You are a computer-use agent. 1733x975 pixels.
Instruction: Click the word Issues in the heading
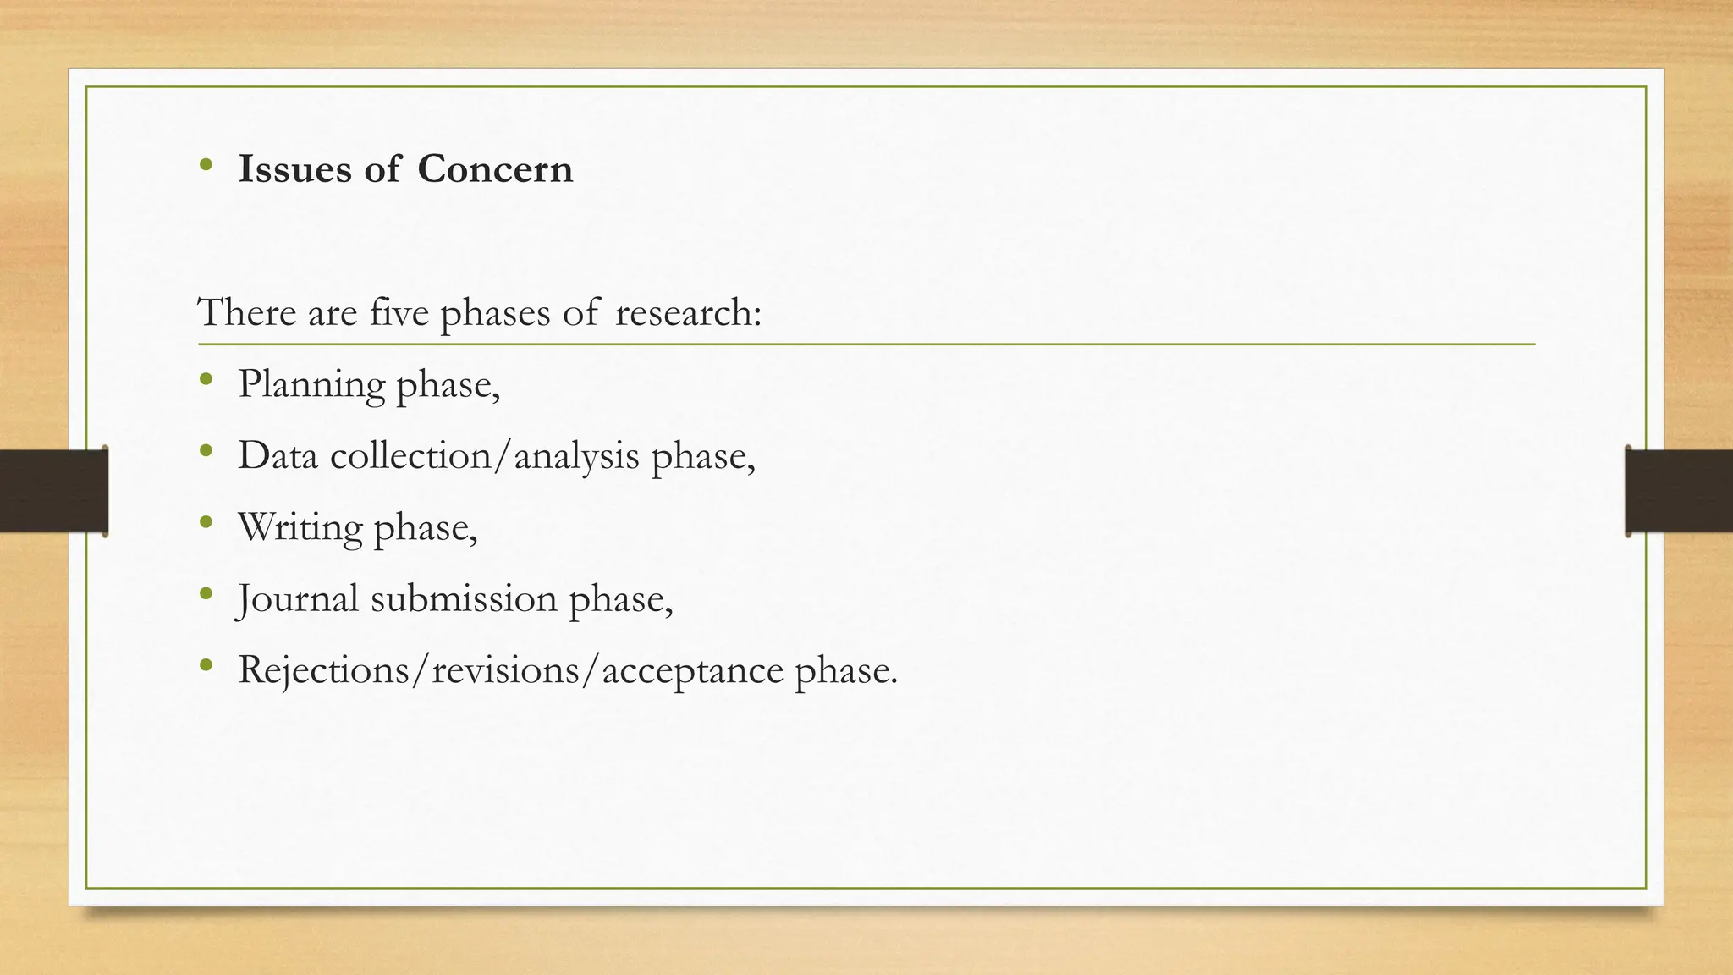(x=294, y=169)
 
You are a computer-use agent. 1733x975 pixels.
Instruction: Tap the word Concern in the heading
(x=495, y=169)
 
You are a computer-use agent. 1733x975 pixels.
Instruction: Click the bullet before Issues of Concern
(x=205, y=164)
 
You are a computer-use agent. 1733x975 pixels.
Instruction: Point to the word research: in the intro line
(x=688, y=312)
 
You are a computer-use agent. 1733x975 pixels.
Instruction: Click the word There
(x=247, y=312)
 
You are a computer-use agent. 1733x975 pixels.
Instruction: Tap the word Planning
(x=311, y=385)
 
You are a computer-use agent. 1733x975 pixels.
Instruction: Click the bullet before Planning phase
(x=205, y=380)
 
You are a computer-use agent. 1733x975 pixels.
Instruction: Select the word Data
(x=278, y=456)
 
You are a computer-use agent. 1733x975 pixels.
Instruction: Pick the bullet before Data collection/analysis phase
(x=205, y=451)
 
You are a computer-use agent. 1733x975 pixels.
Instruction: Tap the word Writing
(x=300, y=527)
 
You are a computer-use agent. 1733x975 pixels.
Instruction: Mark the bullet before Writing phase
(x=205, y=522)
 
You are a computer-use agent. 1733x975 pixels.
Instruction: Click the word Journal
(x=298, y=599)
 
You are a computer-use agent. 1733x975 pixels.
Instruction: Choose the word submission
(x=464, y=599)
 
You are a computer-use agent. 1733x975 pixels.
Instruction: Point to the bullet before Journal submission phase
(x=205, y=593)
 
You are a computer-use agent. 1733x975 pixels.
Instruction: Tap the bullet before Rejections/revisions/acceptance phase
(x=205, y=665)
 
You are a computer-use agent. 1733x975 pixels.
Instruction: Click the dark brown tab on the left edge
(x=53, y=491)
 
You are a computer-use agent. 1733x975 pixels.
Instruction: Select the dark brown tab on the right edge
(x=1679, y=491)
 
